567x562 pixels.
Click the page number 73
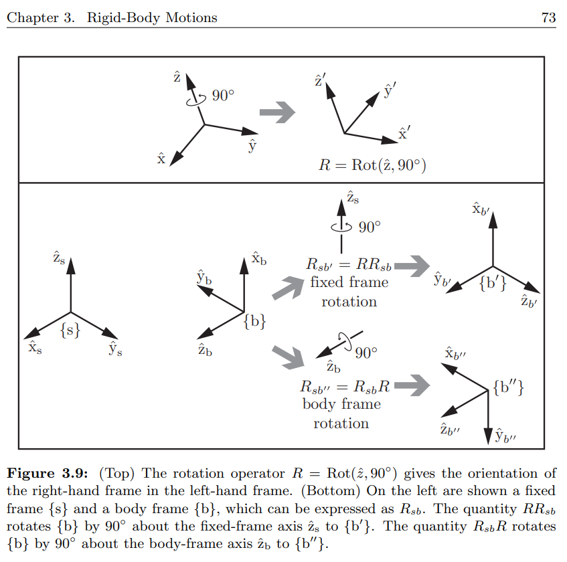point(548,18)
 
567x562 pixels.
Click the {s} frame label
point(70,329)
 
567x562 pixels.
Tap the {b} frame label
point(255,322)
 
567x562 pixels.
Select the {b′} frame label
point(493,282)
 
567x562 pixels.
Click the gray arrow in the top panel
point(277,111)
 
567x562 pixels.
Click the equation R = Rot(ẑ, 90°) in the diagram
point(372,165)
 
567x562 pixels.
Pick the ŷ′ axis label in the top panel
point(390,90)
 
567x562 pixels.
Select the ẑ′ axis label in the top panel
point(320,82)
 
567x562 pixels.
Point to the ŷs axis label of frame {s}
point(115,349)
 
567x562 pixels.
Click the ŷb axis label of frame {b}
point(204,277)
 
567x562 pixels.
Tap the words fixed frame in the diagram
point(349,282)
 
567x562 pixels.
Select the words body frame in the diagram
point(341,404)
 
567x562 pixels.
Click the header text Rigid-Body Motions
point(152,18)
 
